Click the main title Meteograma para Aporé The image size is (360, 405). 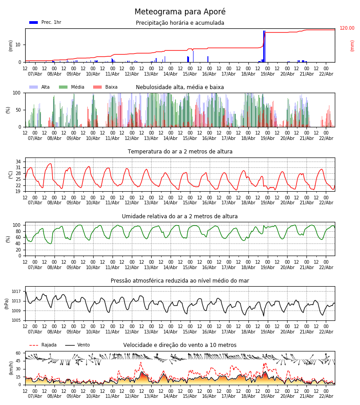180,12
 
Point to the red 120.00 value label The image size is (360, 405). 347,28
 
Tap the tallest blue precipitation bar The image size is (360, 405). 264,46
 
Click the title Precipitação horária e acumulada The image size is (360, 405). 180,23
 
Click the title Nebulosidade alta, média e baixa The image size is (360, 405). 180,87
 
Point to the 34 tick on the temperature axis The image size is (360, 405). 18,162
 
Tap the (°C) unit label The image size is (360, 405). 11,175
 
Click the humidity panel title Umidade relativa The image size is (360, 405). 180,216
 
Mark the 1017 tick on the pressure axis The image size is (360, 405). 17,292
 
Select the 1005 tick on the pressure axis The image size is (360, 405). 17,320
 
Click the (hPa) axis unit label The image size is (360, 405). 7,303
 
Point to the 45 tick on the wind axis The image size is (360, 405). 18,361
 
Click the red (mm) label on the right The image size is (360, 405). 352,45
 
